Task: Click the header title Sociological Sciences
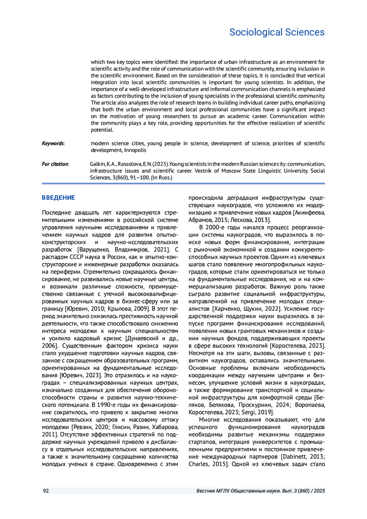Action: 277,32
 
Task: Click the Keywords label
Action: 53,143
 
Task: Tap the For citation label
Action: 55,164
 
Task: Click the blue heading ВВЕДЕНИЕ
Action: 58,198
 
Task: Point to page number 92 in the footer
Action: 46,491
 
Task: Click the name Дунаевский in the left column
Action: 142,338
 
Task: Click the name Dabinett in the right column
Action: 295,457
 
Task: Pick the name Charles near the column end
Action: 198,464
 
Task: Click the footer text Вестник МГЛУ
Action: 213,491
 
